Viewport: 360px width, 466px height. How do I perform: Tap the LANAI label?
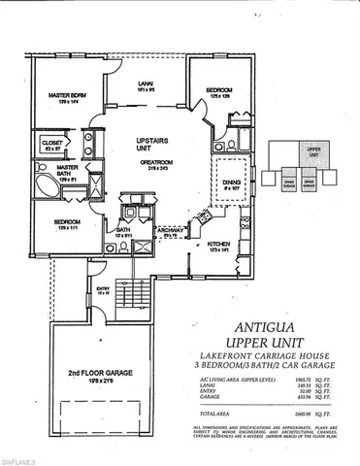coord(147,86)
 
